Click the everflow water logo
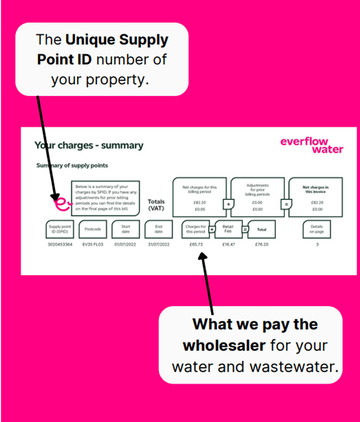(x=311, y=145)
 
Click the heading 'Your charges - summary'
(x=88, y=146)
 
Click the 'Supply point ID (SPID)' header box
(x=60, y=228)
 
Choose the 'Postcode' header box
(x=92, y=228)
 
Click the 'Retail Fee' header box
(x=228, y=228)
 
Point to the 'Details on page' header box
(x=317, y=228)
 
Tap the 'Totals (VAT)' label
(x=156, y=205)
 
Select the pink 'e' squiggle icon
(x=62, y=204)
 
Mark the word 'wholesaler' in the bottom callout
(x=221, y=346)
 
